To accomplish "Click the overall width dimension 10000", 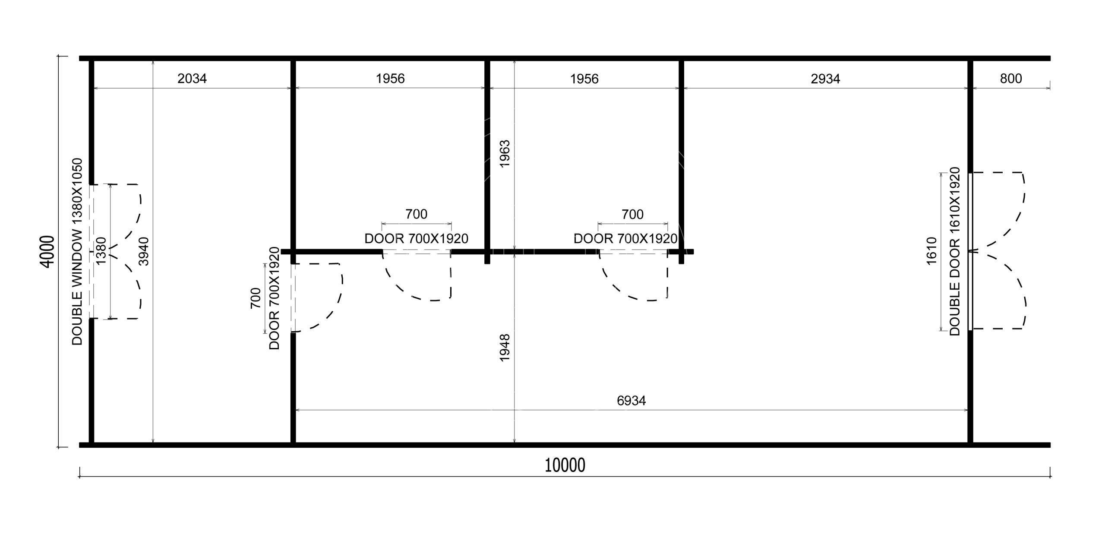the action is click(x=565, y=466).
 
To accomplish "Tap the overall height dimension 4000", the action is click(x=48, y=251).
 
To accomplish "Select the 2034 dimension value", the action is click(x=192, y=79).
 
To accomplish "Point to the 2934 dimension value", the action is click(x=825, y=79).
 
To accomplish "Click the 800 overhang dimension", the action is click(x=1011, y=79).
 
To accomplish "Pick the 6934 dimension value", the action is click(x=631, y=401).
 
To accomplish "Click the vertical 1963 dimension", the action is click(x=505, y=154).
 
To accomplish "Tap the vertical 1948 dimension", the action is click(x=505, y=347).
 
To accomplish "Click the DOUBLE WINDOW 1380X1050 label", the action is click(x=77, y=252).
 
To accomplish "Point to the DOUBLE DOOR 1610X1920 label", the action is click(x=954, y=251).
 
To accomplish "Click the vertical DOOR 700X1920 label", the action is click(x=275, y=298).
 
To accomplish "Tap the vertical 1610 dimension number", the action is click(x=931, y=251).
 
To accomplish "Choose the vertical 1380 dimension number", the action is click(x=101, y=251).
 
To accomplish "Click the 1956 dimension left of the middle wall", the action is click(x=390, y=79).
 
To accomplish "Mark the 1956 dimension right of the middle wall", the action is click(x=584, y=79).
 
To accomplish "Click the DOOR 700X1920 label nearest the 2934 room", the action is click(x=625, y=238).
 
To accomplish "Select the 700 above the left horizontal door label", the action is click(x=417, y=214).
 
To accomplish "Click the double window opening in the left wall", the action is click(x=91, y=251).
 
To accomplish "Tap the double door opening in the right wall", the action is click(x=970, y=251).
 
